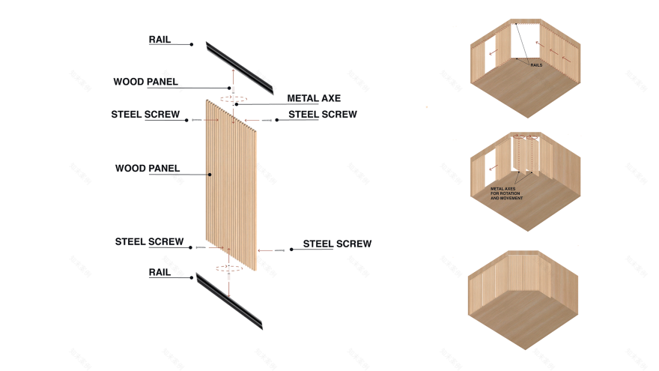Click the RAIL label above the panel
[x=160, y=40]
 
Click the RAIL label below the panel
[x=160, y=273]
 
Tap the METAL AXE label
[x=314, y=99]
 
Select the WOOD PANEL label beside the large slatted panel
[x=148, y=169]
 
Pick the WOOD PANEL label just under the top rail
[x=145, y=82]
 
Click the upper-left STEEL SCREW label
[x=145, y=115]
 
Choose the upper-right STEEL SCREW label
[x=322, y=115]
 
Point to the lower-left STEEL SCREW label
[x=149, y=242]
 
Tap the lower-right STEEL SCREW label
[x=337, y=244]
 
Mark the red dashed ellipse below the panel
[x=229, y=267]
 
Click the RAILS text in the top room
[x=536, y=66]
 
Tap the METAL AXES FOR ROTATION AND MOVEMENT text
[x=507, y=193]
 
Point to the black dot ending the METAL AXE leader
[x=236, y=104]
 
